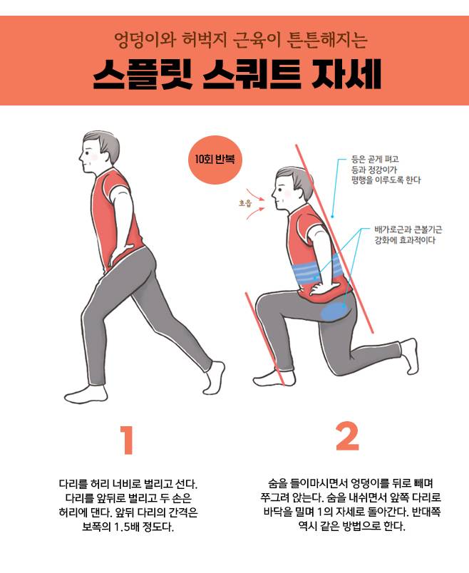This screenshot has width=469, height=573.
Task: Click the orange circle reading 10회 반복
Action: coord(216,160)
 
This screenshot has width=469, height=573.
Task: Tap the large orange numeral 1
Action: coord(127,439)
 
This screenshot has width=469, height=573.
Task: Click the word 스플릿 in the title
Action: coord(143,75)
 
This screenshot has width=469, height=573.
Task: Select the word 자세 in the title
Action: coord(346,75)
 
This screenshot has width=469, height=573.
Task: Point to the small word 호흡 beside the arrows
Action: coord(245,203)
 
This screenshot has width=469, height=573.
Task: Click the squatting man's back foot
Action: coord(410,356)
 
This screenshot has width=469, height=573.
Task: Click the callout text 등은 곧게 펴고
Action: coord(375,160)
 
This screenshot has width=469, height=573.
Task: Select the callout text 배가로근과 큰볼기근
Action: coord(408,229)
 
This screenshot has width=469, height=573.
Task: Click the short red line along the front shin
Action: coord(264,338)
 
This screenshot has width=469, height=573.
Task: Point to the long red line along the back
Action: coord(334,239)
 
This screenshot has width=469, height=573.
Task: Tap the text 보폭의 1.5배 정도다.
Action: coord(128,527)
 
